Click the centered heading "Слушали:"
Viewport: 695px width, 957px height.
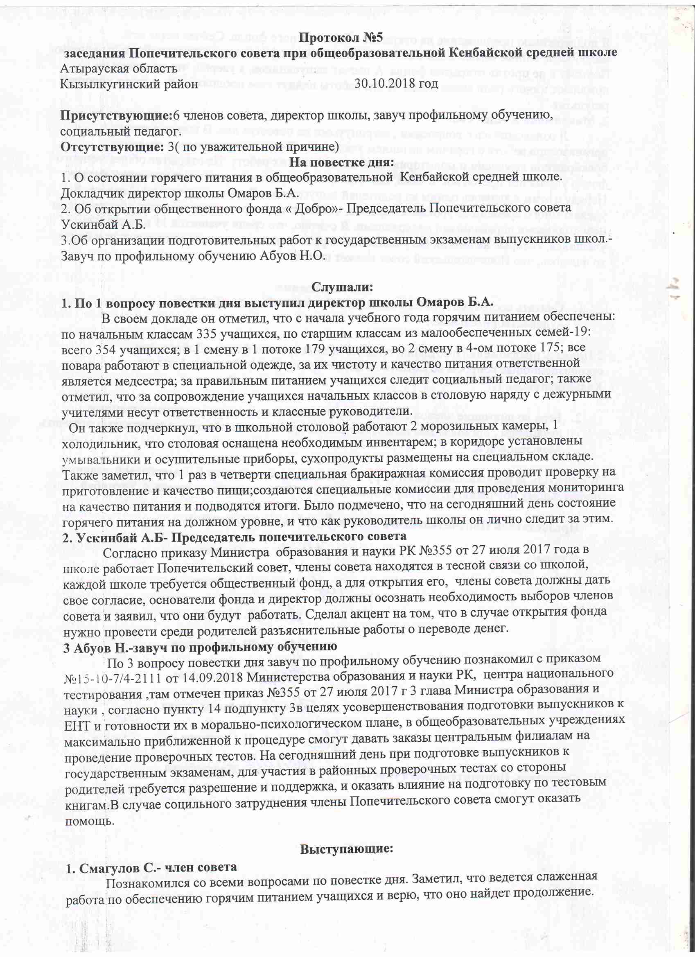(342, 287)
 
